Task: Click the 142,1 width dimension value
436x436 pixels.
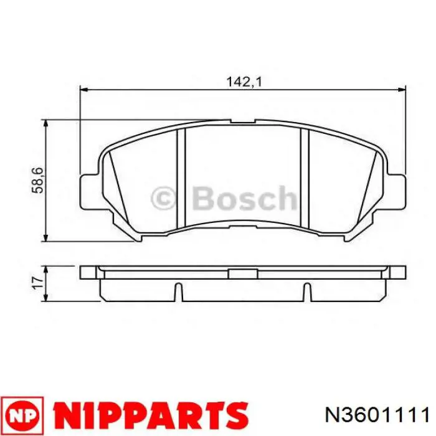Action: coord(242,80)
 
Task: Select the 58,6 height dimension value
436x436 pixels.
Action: coord(39,179)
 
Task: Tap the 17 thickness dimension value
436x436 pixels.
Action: coord(38,283)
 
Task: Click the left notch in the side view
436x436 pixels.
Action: coord(178,291)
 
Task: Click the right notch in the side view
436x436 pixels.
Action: coord(306,291)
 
